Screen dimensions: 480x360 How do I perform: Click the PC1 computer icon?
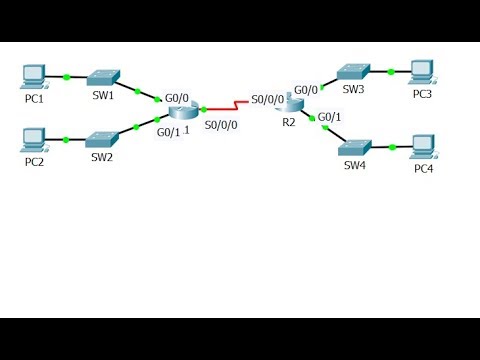34,74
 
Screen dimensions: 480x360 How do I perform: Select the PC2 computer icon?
34,137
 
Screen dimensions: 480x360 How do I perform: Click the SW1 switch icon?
102,77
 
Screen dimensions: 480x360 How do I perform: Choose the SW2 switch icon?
102,138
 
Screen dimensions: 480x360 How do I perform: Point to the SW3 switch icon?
352,71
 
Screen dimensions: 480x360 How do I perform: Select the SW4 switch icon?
355,146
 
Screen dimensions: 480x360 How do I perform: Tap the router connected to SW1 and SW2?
184,111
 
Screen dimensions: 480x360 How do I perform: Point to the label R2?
289,122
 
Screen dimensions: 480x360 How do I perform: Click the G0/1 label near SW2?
168,132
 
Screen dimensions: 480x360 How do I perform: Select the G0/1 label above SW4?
330,117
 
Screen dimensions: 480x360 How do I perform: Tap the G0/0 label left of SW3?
306,89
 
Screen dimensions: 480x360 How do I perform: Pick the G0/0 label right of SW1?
177,97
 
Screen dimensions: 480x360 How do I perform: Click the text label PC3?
423,93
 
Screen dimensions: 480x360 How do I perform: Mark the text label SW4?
355,165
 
